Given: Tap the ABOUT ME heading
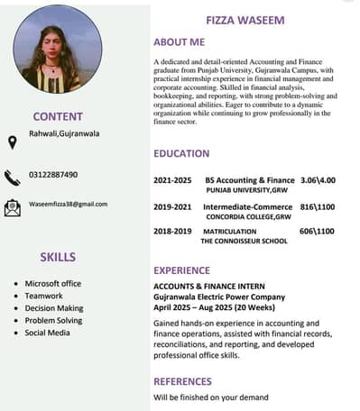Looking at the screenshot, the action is tap(179, 41).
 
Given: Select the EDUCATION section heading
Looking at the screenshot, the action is tap(181, 153).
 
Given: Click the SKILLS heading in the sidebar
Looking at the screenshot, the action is tap(58, 257).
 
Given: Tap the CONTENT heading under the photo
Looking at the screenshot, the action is tap(58, 116).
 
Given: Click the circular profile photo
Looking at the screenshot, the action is tap(58, 49).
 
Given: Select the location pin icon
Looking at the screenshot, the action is tap(12, 142).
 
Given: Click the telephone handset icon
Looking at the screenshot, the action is tap(12, 177).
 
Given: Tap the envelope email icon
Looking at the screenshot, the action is tap(12, 208).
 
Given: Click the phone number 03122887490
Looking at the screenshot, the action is tap(53, 174).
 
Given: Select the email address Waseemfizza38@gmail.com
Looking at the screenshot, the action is tap(68, 204).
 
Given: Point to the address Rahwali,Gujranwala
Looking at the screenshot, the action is tap(63, 133).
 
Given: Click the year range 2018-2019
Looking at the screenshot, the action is tap(172, 231).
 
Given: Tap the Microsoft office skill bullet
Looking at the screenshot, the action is tap(52, 283).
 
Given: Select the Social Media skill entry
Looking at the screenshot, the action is tap(47, 333).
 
